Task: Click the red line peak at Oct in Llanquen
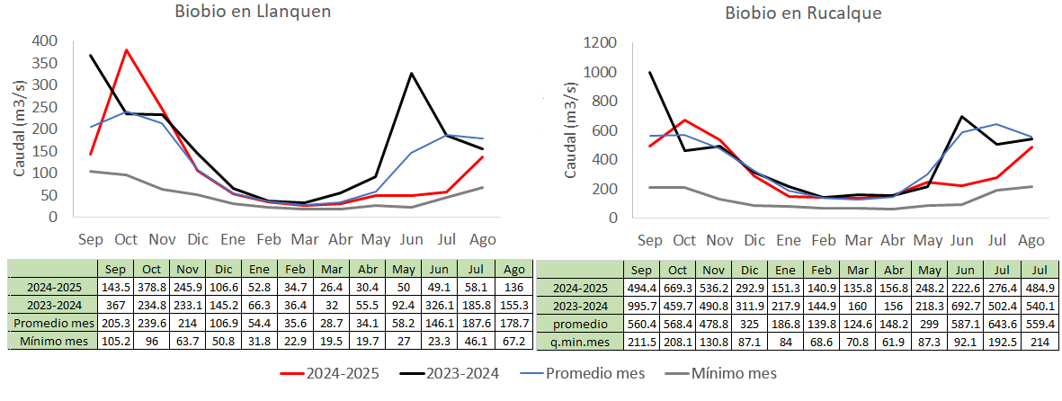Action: point(126,50)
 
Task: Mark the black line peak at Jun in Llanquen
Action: point(412,74)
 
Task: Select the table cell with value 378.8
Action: point(150,286)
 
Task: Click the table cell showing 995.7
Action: point(642,303)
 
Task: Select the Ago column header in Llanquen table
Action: point(514,269)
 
